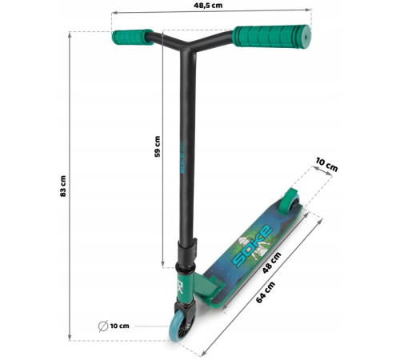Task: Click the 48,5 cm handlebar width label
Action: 208,6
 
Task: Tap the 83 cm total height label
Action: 63,186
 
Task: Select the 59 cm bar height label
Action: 158,146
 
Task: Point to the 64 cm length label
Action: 266,292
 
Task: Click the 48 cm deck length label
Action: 271,262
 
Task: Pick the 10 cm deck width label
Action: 327,165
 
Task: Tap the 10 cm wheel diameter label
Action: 120,326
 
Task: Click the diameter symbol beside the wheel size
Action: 103,326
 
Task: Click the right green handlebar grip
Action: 272,36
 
